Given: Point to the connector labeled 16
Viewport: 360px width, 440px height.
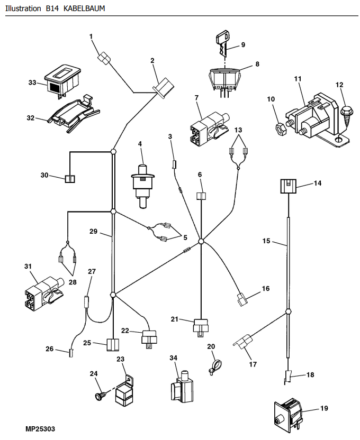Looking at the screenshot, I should pos(242,300).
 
